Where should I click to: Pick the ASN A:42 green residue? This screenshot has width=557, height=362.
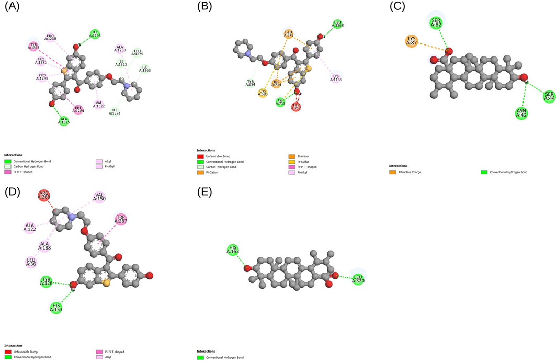[520, 112]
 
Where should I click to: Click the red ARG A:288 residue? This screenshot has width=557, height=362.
[46, 198]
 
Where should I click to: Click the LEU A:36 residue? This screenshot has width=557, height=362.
[32, 261]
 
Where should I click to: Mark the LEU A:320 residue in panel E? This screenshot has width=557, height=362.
[358, 279]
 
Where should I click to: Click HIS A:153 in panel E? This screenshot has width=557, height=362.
[233, 251]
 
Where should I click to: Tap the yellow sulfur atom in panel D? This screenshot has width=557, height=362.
[106, 283]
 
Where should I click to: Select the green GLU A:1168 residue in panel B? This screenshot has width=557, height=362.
[338, 24]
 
